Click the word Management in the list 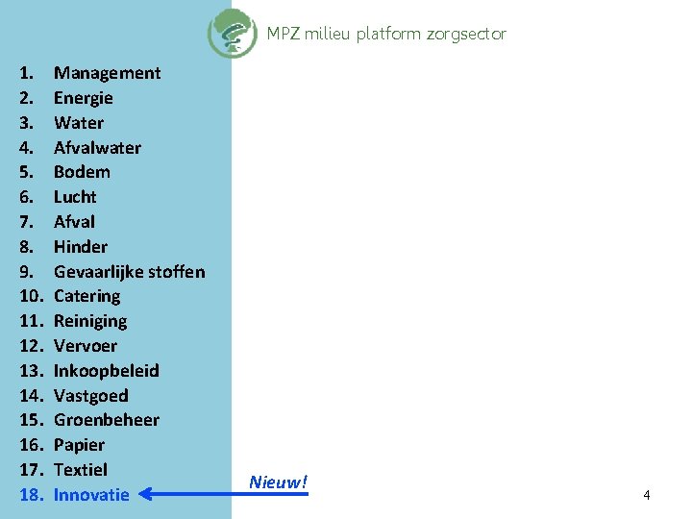107,73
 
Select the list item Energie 83,98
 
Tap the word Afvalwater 97,148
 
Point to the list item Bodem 82,172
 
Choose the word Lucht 75,197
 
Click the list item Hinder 81,247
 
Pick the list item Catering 86,296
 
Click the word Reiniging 90,321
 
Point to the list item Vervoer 86,346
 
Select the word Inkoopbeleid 107,371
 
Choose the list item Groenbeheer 107,420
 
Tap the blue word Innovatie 91,495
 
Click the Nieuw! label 278,482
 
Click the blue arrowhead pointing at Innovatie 144,495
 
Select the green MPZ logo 232,33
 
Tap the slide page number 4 647,495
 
